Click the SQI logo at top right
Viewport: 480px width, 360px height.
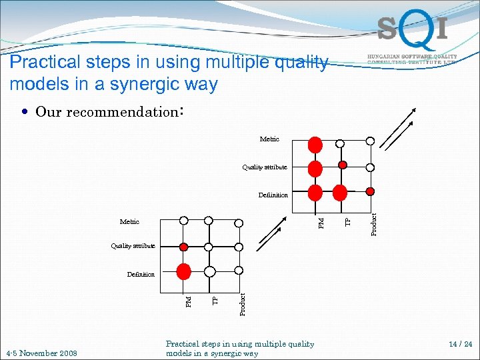[411, 30]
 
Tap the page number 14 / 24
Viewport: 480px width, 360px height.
[460, 345]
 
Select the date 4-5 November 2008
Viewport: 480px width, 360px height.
[41, 353]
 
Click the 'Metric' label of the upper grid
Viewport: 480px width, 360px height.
[269, 139]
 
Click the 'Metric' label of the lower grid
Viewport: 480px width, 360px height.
[129, 221]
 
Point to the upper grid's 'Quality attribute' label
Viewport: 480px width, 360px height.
[265, 167]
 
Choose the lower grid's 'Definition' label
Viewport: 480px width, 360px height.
[141, 274]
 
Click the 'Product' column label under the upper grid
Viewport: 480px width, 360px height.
[374, 223]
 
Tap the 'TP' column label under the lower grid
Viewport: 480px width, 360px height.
[215, 301]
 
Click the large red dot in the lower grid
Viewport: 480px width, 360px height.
[183, 271]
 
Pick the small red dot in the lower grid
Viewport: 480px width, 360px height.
[183, 247]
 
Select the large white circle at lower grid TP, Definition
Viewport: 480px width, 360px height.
[209, 271]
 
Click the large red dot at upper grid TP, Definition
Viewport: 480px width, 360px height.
[340, 193]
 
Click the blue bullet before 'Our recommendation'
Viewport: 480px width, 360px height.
[24, 112]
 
